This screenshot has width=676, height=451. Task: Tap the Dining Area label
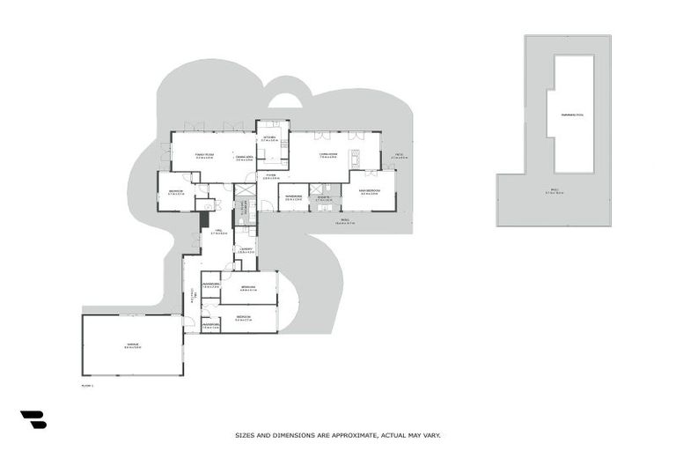click(245, 158)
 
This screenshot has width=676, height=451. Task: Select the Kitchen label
click(269, 138)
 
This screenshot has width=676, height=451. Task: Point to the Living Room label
click(327, 155)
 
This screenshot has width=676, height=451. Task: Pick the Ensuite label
click(324, 197)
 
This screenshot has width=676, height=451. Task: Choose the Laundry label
click(246, 250)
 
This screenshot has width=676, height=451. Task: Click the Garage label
click(132, 347)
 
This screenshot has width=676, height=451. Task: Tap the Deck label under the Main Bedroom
click(344, 221)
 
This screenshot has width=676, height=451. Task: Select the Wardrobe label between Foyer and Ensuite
click(294, 197)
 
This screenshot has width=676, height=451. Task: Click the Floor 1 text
click(87, 385)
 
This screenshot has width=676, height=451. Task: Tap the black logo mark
click(33, 420)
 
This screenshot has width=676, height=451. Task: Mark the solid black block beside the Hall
click(204, 206)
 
